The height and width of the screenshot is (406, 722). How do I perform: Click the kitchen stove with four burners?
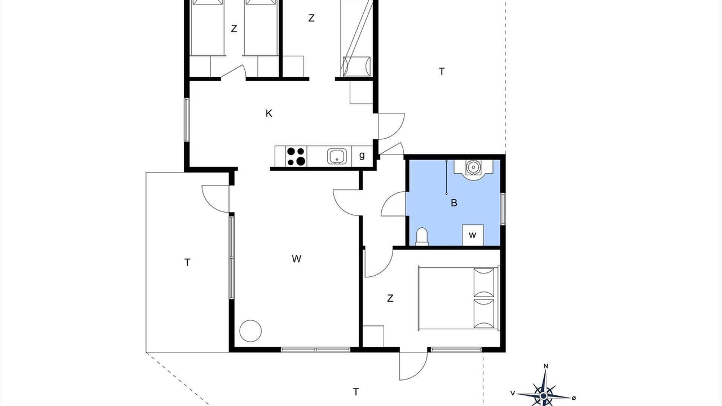[296, 156]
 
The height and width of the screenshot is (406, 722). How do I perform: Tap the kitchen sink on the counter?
[338, 156]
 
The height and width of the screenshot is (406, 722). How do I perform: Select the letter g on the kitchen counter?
[362, 156]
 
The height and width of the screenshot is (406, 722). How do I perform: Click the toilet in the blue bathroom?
[422, 236]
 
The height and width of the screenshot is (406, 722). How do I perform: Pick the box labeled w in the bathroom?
[473, 235]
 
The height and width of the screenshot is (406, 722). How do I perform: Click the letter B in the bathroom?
[454, 203]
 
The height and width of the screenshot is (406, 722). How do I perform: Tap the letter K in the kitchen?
[269, 113]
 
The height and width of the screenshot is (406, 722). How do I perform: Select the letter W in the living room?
[297, 259]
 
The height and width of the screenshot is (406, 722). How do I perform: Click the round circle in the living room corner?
[250, 331]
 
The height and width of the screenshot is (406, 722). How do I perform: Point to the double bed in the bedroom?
[459, 298]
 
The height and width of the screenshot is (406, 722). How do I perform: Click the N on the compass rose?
[545, 366]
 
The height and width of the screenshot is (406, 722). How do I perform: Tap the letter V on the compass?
[513, 393]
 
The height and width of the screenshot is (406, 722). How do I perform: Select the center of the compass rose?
[543, 395]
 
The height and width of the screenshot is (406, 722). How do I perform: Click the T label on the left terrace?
[187, 263]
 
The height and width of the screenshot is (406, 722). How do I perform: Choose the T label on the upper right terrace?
[442, 72]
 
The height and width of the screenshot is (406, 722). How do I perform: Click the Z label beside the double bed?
[390, 298]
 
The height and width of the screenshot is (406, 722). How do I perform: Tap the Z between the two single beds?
[234, 29]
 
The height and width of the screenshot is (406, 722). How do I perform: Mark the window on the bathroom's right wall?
[503, 209]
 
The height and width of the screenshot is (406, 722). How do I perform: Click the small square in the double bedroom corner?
[373, 336]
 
